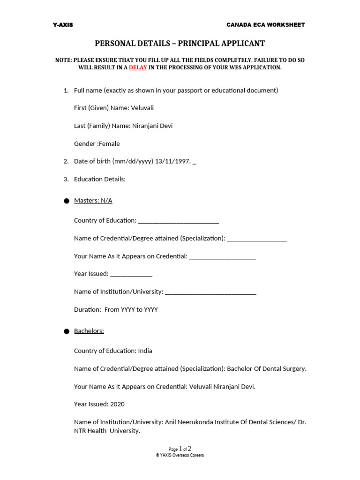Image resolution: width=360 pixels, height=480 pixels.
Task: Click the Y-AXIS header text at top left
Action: click(63, 25)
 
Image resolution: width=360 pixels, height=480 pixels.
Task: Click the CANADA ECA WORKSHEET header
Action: click(265, 25)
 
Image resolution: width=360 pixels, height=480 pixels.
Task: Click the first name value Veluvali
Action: click(142, 108)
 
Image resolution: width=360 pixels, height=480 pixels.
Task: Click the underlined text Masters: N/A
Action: click(93, 201)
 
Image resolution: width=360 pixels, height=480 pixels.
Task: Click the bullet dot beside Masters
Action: click(66, 201)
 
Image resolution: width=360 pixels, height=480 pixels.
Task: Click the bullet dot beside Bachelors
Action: click(66, 331)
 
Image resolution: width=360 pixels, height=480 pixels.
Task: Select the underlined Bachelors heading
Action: click(89, 331)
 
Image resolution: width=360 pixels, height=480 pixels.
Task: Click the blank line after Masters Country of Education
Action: click(179, 221)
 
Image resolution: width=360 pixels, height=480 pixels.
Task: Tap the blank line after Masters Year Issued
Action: click(131, 274)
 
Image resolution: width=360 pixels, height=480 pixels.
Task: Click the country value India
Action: click(145, 351)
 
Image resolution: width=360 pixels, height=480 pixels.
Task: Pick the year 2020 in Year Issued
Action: click(117, 404)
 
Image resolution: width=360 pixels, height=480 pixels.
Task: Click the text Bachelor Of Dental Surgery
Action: click(266, 369)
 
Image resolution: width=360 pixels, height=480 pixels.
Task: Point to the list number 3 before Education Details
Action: click(66, 179)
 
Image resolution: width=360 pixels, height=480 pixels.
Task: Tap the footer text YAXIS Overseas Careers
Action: click(180, 455)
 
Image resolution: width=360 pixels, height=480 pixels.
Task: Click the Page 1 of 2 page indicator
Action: click(180, 449)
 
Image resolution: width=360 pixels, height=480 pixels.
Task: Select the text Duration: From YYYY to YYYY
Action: click(116, 310)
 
